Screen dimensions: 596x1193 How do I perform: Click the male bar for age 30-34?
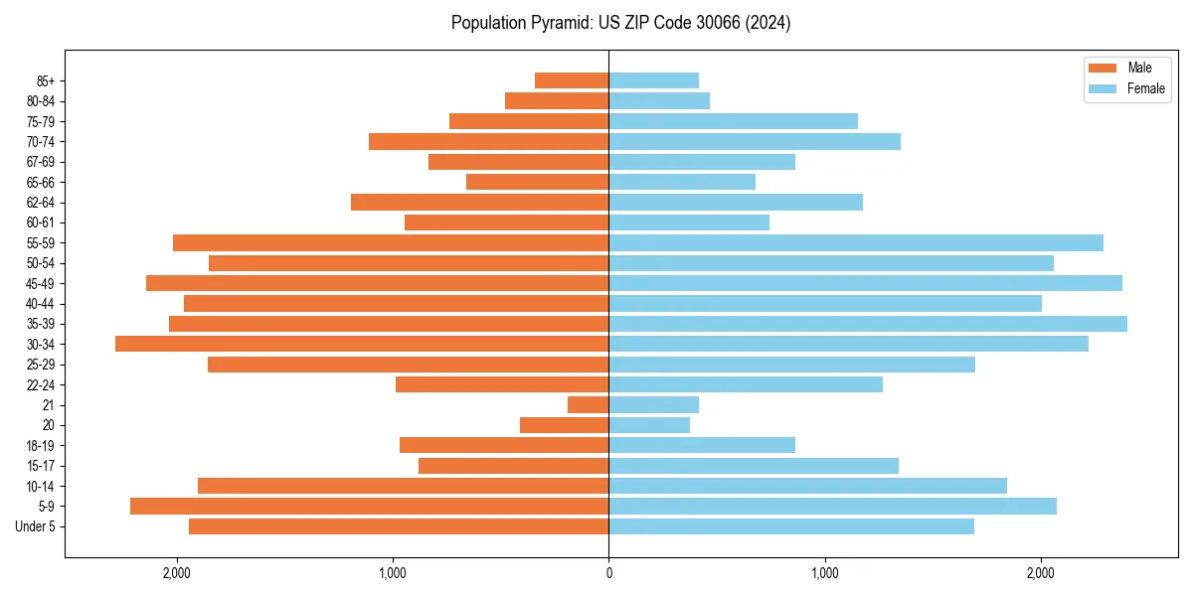pos(362,344)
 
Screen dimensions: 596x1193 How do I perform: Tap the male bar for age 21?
pos(589,405)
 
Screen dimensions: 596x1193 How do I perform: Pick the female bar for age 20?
pos(649,425)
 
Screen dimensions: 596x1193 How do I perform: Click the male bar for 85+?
pos(572,80)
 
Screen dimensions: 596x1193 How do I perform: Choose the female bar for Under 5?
pos(791,526)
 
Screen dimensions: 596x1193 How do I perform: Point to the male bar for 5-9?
pos(370,507)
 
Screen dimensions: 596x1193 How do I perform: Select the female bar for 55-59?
pos(856,243)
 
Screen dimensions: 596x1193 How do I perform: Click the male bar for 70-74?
pos(489,142)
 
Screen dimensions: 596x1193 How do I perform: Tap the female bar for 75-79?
pos(734,121)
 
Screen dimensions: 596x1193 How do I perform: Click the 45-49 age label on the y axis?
pos(41,284)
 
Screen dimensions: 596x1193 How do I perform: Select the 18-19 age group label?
pos(41,446)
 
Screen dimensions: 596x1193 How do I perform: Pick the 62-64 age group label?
pos(41,203)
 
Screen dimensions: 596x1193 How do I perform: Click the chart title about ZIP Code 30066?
pos(620,23)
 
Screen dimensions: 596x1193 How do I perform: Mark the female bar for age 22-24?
pos(746,384)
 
